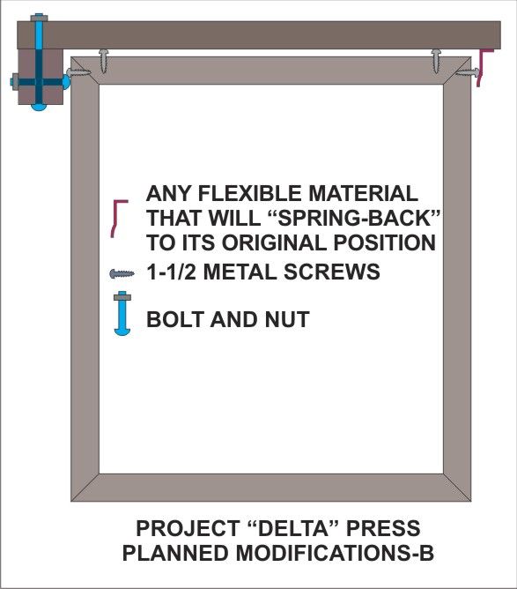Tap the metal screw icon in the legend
(122, 273)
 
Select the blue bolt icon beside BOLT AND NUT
(122, 313)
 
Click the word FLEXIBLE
(249, 193)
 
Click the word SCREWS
(332, 272)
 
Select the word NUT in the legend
(287, 319)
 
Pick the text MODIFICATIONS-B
(335, 553)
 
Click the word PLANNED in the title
(175, 553)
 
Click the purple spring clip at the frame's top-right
(484, 68)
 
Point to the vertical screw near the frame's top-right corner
(436, 60)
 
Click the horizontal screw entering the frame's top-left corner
(78, 71)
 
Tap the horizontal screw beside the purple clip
(467, 71)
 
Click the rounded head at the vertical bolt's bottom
(39, 107)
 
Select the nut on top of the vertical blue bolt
(39, 17)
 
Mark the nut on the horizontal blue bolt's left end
(14, 81)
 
